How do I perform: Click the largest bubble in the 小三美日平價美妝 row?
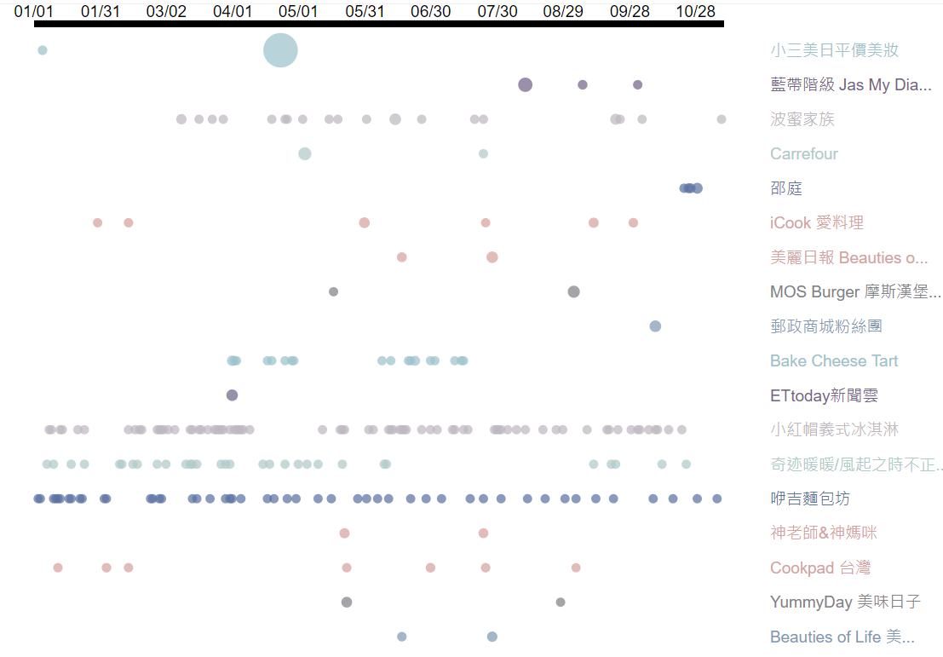point(280,50)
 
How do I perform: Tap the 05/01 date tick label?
point(298,11)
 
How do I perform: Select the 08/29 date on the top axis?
point(563,11)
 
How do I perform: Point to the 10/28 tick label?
point(695,11)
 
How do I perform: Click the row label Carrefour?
point(803,154)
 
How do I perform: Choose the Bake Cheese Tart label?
point(833,361)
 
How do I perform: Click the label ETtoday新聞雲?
point(823,395)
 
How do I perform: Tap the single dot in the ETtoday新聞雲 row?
point(232,395)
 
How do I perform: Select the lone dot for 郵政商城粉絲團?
point(655,326)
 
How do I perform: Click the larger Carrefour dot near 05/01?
point(305,154)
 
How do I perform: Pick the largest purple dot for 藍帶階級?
point(526,84)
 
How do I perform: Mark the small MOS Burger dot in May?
point(333,291)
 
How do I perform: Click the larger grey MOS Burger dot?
point(574,291)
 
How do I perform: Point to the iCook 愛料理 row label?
point(816,223)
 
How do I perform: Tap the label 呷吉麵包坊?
point(809,499)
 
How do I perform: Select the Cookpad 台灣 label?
point(819,568)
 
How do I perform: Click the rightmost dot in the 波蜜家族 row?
point(722,119)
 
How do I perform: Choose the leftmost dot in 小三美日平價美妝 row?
point(43,50)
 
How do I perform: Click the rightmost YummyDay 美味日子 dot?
point(561,602)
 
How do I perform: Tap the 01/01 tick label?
point(34,11)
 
